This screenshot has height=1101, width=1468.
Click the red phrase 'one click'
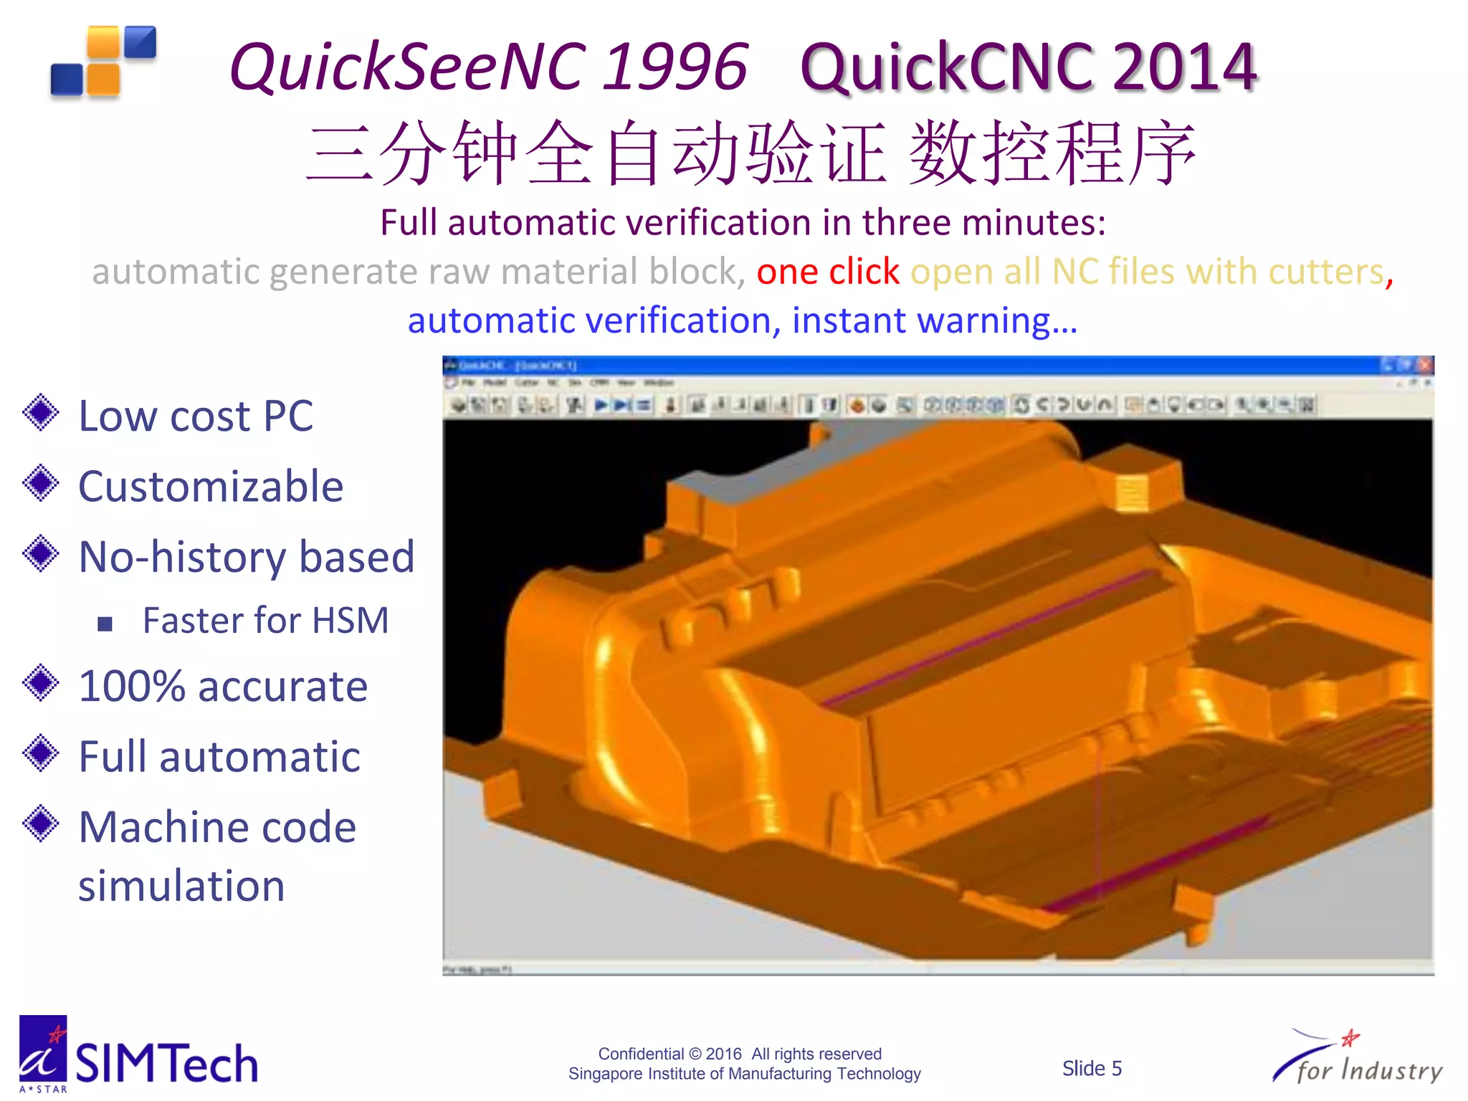click(827, 272)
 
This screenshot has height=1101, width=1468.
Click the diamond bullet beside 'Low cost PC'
click(41, 413)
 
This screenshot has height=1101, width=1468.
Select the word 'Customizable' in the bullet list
click(211, 487)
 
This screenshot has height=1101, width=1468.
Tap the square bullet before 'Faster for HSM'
click(105, 624)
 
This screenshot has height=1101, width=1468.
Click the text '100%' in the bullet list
click(133, 686)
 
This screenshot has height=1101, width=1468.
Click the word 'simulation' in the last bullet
click(181, 886)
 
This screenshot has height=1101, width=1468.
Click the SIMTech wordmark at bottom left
click(166, 1063)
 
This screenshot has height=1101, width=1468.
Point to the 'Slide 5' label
click(1092, 1069)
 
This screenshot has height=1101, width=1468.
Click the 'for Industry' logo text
click(1369, 1070)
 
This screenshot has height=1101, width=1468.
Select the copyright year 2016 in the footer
click(723, 1054)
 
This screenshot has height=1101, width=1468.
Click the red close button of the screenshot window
click(1425, 366)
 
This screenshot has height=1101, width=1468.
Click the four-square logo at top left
click(103, 62)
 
